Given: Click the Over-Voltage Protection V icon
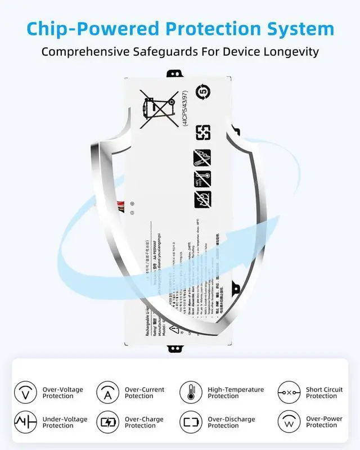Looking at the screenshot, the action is [x=25, y=392].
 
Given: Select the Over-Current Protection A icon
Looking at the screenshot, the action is [x=107, y=392].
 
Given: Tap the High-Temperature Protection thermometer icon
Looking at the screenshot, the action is [x=191, y=392].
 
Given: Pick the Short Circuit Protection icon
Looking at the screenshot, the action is [x=289, y=392].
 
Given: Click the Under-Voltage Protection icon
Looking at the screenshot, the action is [x=25, y=422].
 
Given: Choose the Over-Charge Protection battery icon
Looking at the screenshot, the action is [x=107, y=422].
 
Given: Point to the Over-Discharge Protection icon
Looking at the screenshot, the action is [x=191, y=422].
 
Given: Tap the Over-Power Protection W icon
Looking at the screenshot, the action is [x=289, y=422].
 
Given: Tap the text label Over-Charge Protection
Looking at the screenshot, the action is [x=145, y=422].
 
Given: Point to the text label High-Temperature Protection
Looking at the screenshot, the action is [x=235, y=393].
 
